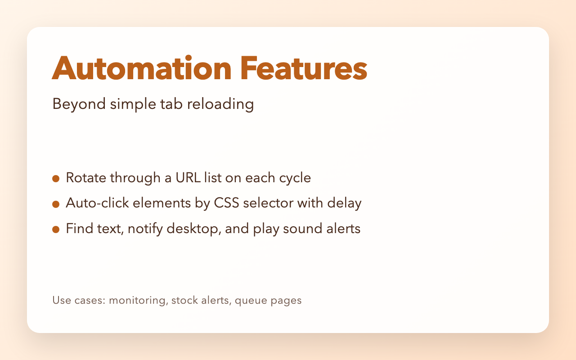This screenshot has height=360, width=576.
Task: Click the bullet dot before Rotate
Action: [x=56, y=179]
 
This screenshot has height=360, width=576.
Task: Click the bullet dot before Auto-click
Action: [x=56, y=204]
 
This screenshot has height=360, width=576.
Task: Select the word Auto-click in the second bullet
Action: [x=94, y=203]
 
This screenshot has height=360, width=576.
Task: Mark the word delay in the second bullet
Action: [x=346, y=203]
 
